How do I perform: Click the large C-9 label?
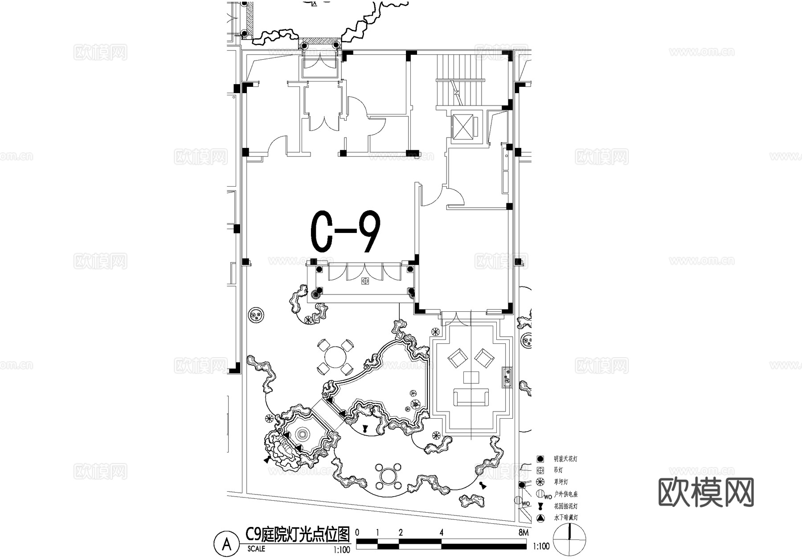pyautogui.click(x=345, y=232)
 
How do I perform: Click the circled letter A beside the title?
pyautogui.click(x=227, y=544)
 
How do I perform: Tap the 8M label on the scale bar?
pyautogui.click(x=523, y=533)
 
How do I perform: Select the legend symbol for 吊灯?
pyautogui.click(x=540, y=470)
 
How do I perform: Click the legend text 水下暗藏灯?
pyautogui.click(x=566, y=518)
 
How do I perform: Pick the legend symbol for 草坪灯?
pyautogui.click(x=540, y=482)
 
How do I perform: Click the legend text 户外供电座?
pyautogui.click(x=566, y=494)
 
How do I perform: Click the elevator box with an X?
pyautogui.click(x=462, y=126)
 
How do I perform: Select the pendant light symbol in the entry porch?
pyautogui.click(x=365, y=281)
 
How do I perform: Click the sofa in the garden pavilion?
pyautogui.click(x=471, y=397)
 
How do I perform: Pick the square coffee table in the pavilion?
pyautogui.click(x=471, y=377)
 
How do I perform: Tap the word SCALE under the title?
pyautogui.click(x=256, y=549)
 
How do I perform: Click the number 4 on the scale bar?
pyautogui.click(x=441, y=533)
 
